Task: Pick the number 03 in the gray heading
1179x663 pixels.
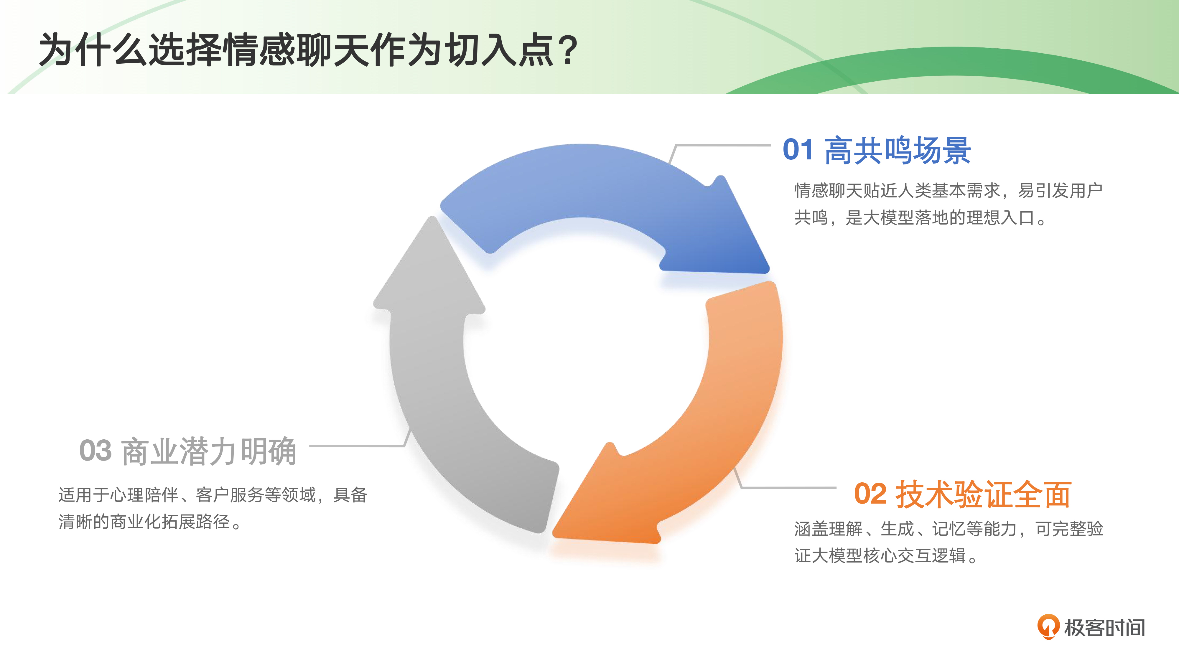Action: (x=95, y=451)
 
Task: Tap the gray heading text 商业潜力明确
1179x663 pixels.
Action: (x=209, y=451)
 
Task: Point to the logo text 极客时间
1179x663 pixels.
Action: (x=1104, y=627)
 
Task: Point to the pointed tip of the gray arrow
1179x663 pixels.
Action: (x=432, y=217)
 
